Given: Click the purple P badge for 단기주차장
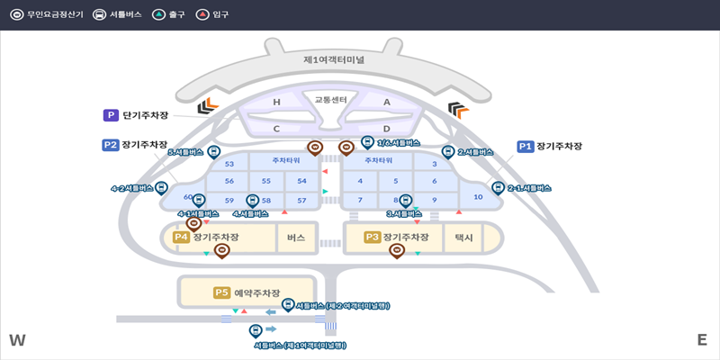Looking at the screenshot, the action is click(111, 115).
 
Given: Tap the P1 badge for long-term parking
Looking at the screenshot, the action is click(526, 146).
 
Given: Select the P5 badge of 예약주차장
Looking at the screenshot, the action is click(221, 292).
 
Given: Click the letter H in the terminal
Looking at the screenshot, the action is click(276, 103).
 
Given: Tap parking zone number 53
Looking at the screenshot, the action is click(229, 164).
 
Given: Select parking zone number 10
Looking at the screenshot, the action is click(478, 196).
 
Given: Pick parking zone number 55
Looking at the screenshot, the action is click(266, 181).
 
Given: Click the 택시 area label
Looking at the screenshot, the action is click(464, 238).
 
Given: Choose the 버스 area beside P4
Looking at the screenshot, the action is click(296, 238).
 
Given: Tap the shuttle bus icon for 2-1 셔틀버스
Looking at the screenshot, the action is click(498, 188).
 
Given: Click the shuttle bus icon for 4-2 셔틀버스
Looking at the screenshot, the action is click(161, 187).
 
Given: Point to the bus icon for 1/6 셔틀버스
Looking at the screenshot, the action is click(367, 142).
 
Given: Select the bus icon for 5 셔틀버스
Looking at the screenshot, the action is click(214, 152).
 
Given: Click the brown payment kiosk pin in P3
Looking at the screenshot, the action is click(396, 251).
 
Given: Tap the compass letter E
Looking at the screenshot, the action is click(702, 340).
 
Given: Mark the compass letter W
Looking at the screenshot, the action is click(17, 340).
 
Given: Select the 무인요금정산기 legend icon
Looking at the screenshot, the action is click(15, 14).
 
